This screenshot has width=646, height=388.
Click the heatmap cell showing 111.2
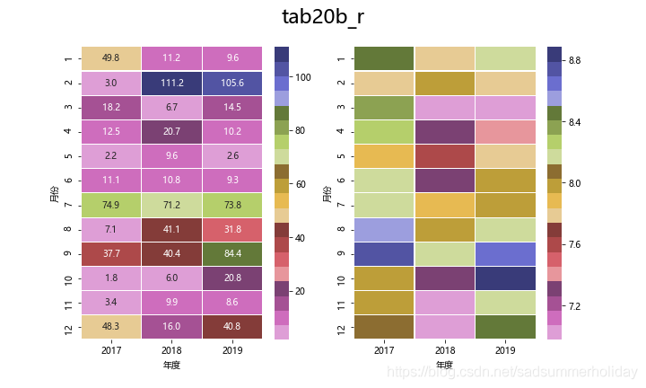[x=171, y=83]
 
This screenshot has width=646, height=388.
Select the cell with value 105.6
[x=232, y=83]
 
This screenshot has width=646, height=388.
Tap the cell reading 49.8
[x=111, y=58]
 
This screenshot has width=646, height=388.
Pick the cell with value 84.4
[x=232, y=253]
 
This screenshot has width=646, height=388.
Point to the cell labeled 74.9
[x=111, y=205]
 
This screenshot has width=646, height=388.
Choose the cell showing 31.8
[x=232, y=229]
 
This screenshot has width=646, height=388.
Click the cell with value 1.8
[x=111, y=278]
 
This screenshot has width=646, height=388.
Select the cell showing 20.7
[x=171, y=131]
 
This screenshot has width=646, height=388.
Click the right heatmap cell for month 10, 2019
[x=505, y=278]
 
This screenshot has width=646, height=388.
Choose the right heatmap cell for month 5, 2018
[x=445, y=155]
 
